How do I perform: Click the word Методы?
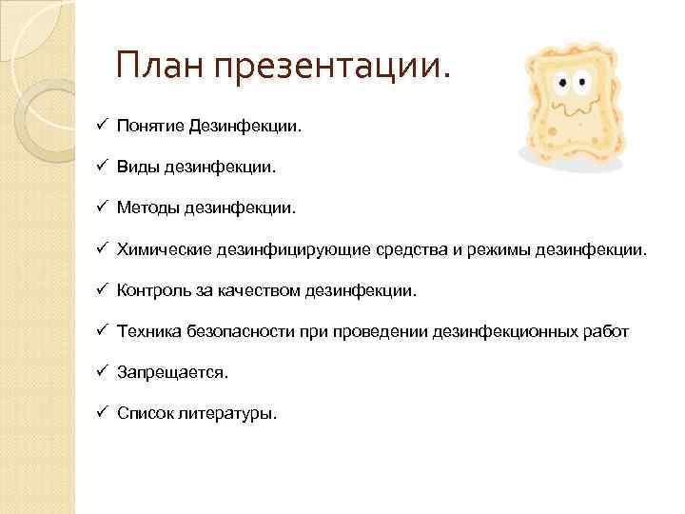[147, 208]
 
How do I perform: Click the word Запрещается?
[171, 372]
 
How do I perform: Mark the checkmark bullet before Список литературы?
[101, 412]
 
